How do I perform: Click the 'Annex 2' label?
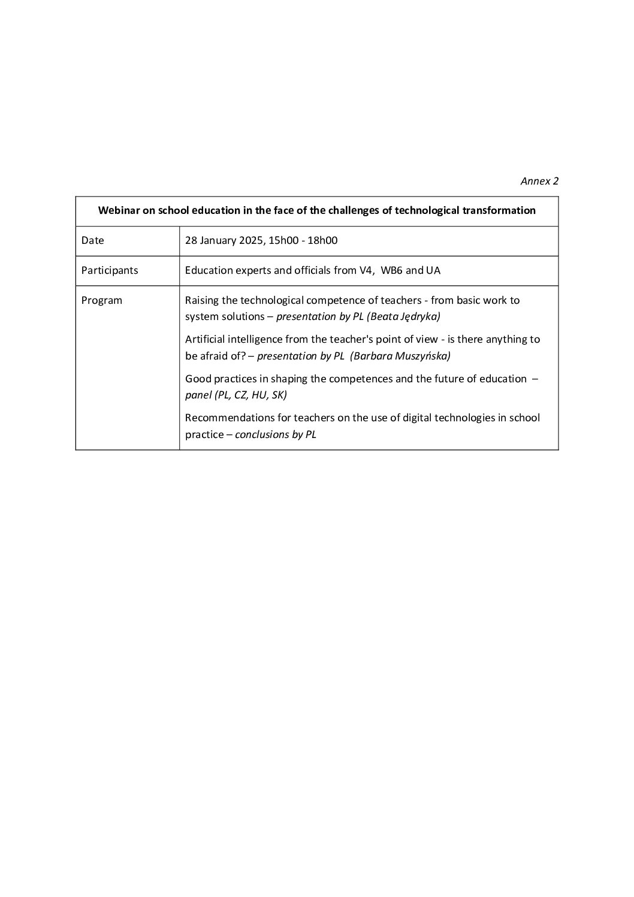[x=539, y=181]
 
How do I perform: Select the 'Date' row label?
[x=93, y=240]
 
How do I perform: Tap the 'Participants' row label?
[x=110, y=270]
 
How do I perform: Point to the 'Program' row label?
[x=102, y=300]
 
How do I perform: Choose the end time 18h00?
[x=322, y=240]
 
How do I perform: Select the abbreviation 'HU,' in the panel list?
[x=259, y=395]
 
